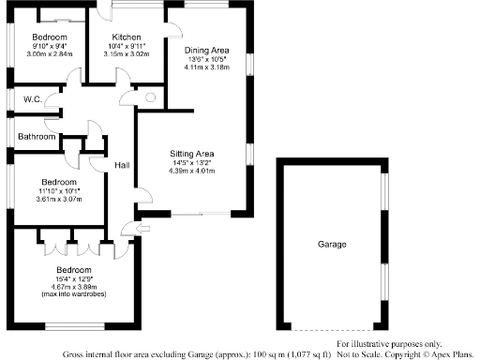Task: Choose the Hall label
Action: click(x=122, y=165)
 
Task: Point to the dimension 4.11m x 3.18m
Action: click(x=206, y=67)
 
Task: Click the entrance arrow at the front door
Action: click(x=141, y=229)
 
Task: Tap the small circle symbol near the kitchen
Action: click(x=151, y=97)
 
